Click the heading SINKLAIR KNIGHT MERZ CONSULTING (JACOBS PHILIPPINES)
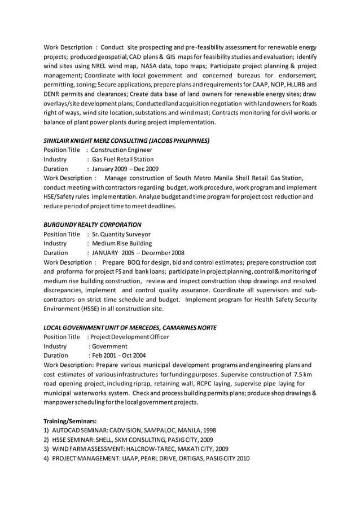[x=126, y=140]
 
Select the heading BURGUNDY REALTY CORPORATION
[x=93, y=224]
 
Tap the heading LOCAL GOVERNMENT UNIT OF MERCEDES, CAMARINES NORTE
[x=130, y=327]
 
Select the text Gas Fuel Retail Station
[x=122, y=159]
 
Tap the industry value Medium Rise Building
[x=122, y=243]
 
